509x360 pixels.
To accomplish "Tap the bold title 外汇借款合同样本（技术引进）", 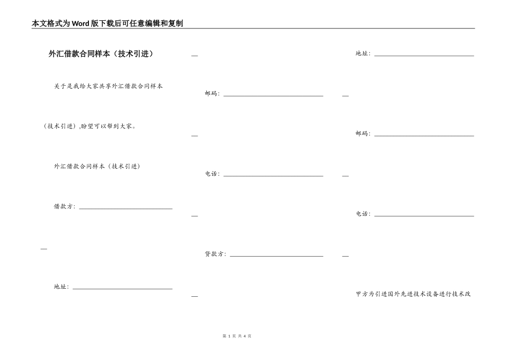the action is click(x=101, y=54).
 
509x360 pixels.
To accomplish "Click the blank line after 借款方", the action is click(x=125, y=208).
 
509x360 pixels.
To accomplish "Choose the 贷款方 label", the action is click(x=215, y=254).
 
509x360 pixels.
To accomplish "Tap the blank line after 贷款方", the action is click(x=276, y=256).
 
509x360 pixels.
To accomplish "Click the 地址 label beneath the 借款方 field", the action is click(x=61, y=287).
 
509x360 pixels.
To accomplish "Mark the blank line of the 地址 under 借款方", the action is click(x=122, y=288).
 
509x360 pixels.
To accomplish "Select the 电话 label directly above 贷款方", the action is click(x=212, y=174).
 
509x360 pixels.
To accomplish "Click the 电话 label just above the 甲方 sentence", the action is click(x=362, y=214).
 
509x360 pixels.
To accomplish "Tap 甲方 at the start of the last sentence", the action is click(x=362, y=294).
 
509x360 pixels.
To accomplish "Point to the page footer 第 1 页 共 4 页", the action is click(x=236, y=336).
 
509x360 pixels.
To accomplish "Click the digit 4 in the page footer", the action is click(x=244, y=336).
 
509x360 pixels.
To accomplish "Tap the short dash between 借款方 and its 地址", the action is click(x=44, y=249).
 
